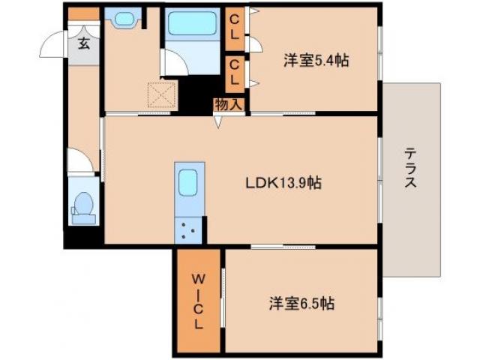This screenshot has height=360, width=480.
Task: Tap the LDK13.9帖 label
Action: click(x=284, y=182)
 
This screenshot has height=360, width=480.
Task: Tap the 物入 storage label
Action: click(x=228, y=105)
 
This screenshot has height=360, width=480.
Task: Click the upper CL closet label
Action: click(x=234, y=28)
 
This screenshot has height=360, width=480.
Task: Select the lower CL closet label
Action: click(x=234, y=73)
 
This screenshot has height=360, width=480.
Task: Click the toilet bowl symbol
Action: click(x=84, y=205)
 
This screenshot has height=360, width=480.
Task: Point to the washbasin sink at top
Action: click(x=121, y=18)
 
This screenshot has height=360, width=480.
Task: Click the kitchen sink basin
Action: click(x=187, y=181)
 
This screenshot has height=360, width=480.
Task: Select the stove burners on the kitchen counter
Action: click(x=187, y=230)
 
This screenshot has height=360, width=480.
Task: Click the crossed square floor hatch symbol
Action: click(x=160, y=95)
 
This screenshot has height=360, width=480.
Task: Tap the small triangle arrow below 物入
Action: click(x=219, y=121)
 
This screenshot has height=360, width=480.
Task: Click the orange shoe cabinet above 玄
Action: click(x=83, y=13)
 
